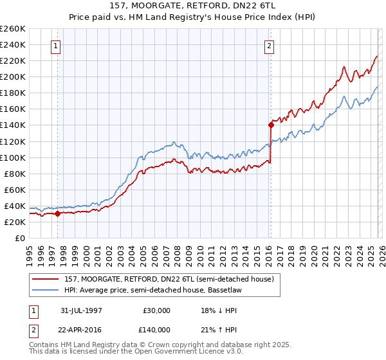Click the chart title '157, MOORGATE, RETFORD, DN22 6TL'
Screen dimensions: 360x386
coord(192,6)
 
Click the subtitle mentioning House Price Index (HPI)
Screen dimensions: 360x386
coord(192,17)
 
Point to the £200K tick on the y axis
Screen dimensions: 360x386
coord(14,76)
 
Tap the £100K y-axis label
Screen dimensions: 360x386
coord(14,157)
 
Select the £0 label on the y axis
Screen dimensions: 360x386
coord(19,238)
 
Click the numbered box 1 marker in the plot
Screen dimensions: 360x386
coord(57,46)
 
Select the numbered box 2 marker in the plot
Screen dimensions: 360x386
coord(268,46)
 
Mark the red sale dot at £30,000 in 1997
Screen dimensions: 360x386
coord(58,213)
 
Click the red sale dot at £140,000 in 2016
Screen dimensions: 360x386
coord(270,125)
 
